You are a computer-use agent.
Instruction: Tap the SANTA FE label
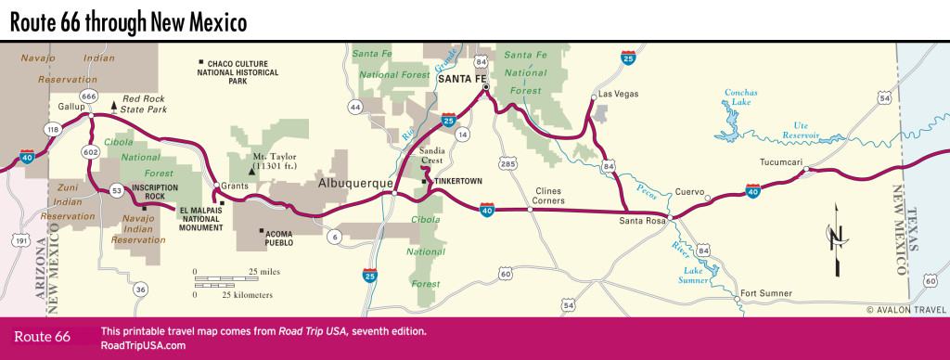pyautogui.click(x=461, y=79)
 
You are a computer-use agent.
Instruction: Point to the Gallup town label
pyautogui.click(x=71, y=107)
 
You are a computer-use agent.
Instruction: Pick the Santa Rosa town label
pyautogui.click(x=643, y=221)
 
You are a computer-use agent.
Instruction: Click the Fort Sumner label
pyautogui.click(x=766, y=293)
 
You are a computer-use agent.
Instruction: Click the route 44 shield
pyautogui.click(x=354, y=108)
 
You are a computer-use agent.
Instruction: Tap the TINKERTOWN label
pyautogui.click(x=457, y=180)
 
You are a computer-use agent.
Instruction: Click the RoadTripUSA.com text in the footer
pyautogui.click(x=143, y=345)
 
